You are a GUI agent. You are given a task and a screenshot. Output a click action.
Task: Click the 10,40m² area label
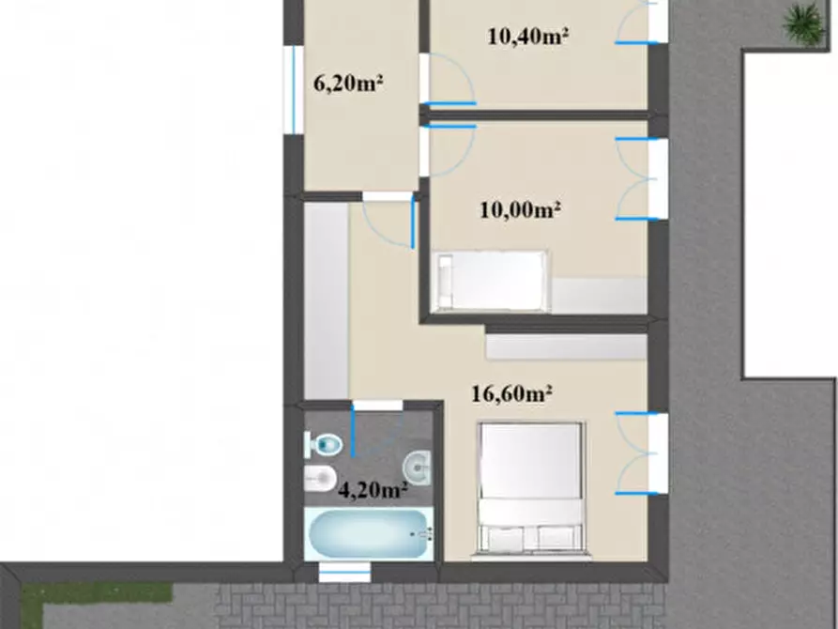click(x=527, y=37)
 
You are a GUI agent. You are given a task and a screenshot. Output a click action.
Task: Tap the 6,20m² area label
click(x=348, y=83)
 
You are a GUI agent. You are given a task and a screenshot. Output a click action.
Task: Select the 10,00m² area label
click(x=520, y=209)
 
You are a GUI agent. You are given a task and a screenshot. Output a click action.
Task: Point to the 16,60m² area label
click(x=511, y=393)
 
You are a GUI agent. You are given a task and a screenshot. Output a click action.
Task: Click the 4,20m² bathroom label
click(x=373, y=489)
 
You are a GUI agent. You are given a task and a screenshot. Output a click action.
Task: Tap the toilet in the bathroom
click(x=324, y=444)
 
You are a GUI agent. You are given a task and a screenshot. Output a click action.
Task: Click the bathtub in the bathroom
click(x=369, y=534)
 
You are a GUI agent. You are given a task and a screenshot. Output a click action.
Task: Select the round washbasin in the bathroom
click(x=417, y=468)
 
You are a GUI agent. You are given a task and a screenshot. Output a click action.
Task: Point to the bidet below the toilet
click(x=320, y=478)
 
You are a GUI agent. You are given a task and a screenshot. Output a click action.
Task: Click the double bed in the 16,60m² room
click(x=530, y=487)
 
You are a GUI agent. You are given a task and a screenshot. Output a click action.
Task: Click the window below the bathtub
click(x=344, y=573)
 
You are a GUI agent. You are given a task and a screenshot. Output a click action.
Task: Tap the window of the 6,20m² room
click(x=294, y=89)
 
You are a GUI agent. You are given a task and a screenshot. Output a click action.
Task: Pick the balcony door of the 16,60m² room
click(x=641, y=453)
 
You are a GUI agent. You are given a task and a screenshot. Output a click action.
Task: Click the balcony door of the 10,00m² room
click(x=641, y=178)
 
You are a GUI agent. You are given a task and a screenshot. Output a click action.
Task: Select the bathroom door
click(x=377, y=428)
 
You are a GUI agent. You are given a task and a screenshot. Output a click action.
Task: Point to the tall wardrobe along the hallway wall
click(x=326, y=301)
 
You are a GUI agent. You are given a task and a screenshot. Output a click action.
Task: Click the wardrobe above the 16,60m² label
click(x=567, y=346)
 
